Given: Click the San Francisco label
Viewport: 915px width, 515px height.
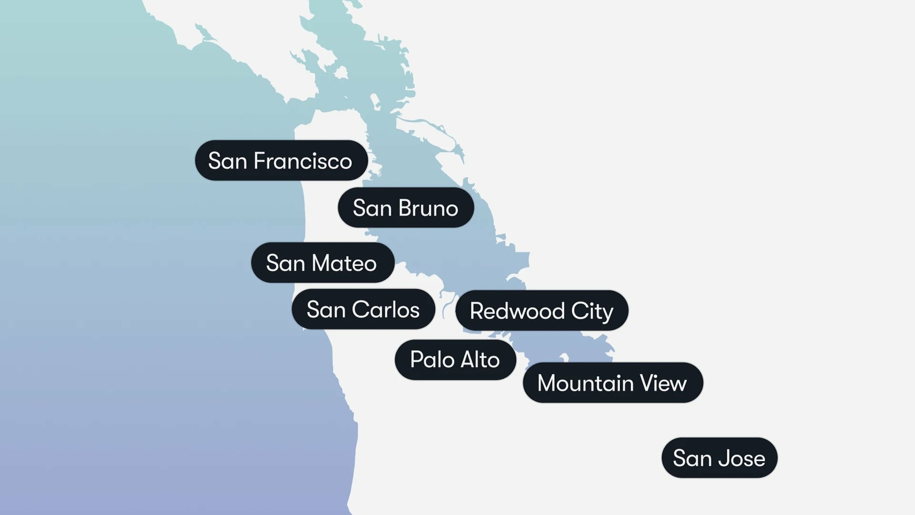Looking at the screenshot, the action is (x=281, y=161).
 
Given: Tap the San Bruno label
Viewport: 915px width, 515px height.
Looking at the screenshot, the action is (x=406, y=208).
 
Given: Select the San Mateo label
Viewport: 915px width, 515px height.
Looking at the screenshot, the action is (x=322, y=263).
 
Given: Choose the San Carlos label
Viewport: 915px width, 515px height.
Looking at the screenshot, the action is (x=363, y=309).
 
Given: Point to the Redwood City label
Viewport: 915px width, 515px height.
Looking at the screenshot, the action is (x=541, y=311).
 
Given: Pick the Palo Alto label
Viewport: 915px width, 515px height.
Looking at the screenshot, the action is (x=455, y=360).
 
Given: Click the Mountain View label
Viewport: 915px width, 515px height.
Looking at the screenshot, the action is (x=612, y=383).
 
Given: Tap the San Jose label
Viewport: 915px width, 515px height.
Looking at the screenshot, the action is (x=719, y=458).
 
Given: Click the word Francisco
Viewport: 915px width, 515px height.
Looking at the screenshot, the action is (x=303, y=161).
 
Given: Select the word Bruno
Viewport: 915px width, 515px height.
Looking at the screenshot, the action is (x=428, y=208).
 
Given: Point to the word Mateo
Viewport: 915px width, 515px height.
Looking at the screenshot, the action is (x=344, y=263).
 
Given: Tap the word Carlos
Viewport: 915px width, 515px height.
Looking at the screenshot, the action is (x=386, y=309).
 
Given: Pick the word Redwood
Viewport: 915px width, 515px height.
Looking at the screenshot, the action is (x=518, y=311).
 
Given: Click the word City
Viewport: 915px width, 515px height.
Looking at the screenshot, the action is (x=592, y=311).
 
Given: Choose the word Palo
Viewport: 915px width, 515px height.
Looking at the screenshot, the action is (x=432, y=360).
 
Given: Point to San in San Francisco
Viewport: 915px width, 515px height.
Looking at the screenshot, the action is (x=228, y=161).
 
